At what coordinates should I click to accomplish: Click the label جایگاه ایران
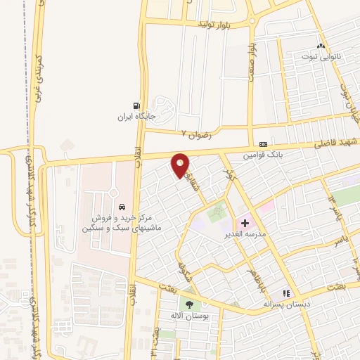tap(135, 117)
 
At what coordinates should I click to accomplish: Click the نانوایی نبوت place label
tap(321, 57)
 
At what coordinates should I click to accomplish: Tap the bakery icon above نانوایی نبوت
tap(321, 46)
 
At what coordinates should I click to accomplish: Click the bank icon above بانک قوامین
tap(263, 143)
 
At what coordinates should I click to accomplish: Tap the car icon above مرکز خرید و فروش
tap(122, 208)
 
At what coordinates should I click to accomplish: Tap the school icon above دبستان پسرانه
tap(286, 293)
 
